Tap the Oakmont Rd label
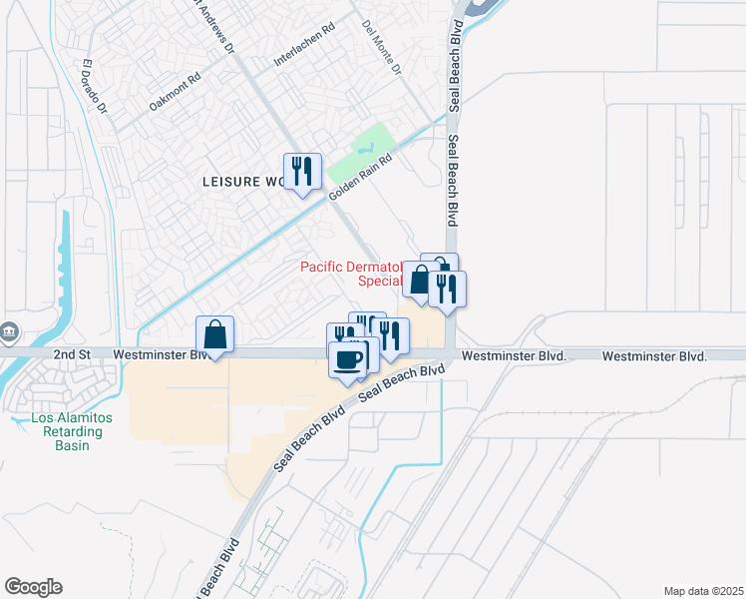pyautogui.click(x=175, y=89)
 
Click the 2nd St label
pyautogui.click(x=72, y=354)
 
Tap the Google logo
pyautogui.click(x=33, y=587)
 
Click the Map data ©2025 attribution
pyautogui.click(x=703, y=590)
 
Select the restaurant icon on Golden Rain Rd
pyautogui.click(x=300, y=172)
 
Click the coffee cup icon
pyautogui.click(x=347, y=358)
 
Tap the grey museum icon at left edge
pyautogui.click(x=9, y=330)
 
